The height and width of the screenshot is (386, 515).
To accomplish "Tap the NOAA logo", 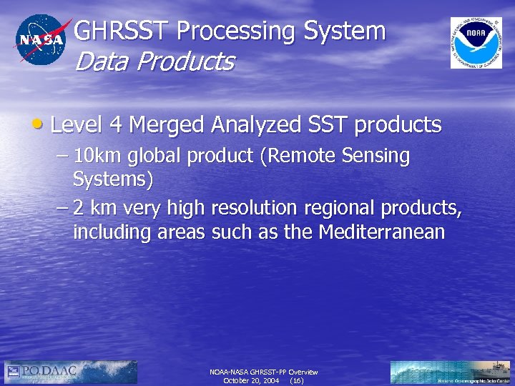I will click(x=476, y=42).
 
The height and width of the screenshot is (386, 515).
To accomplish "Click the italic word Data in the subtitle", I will click(x=99, y=62).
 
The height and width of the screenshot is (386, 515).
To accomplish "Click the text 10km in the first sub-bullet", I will click(x=98, y=156).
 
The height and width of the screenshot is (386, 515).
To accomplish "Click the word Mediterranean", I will click(x=382, y=232).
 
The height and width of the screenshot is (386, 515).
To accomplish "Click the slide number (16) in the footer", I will click(x=297, y=381).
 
